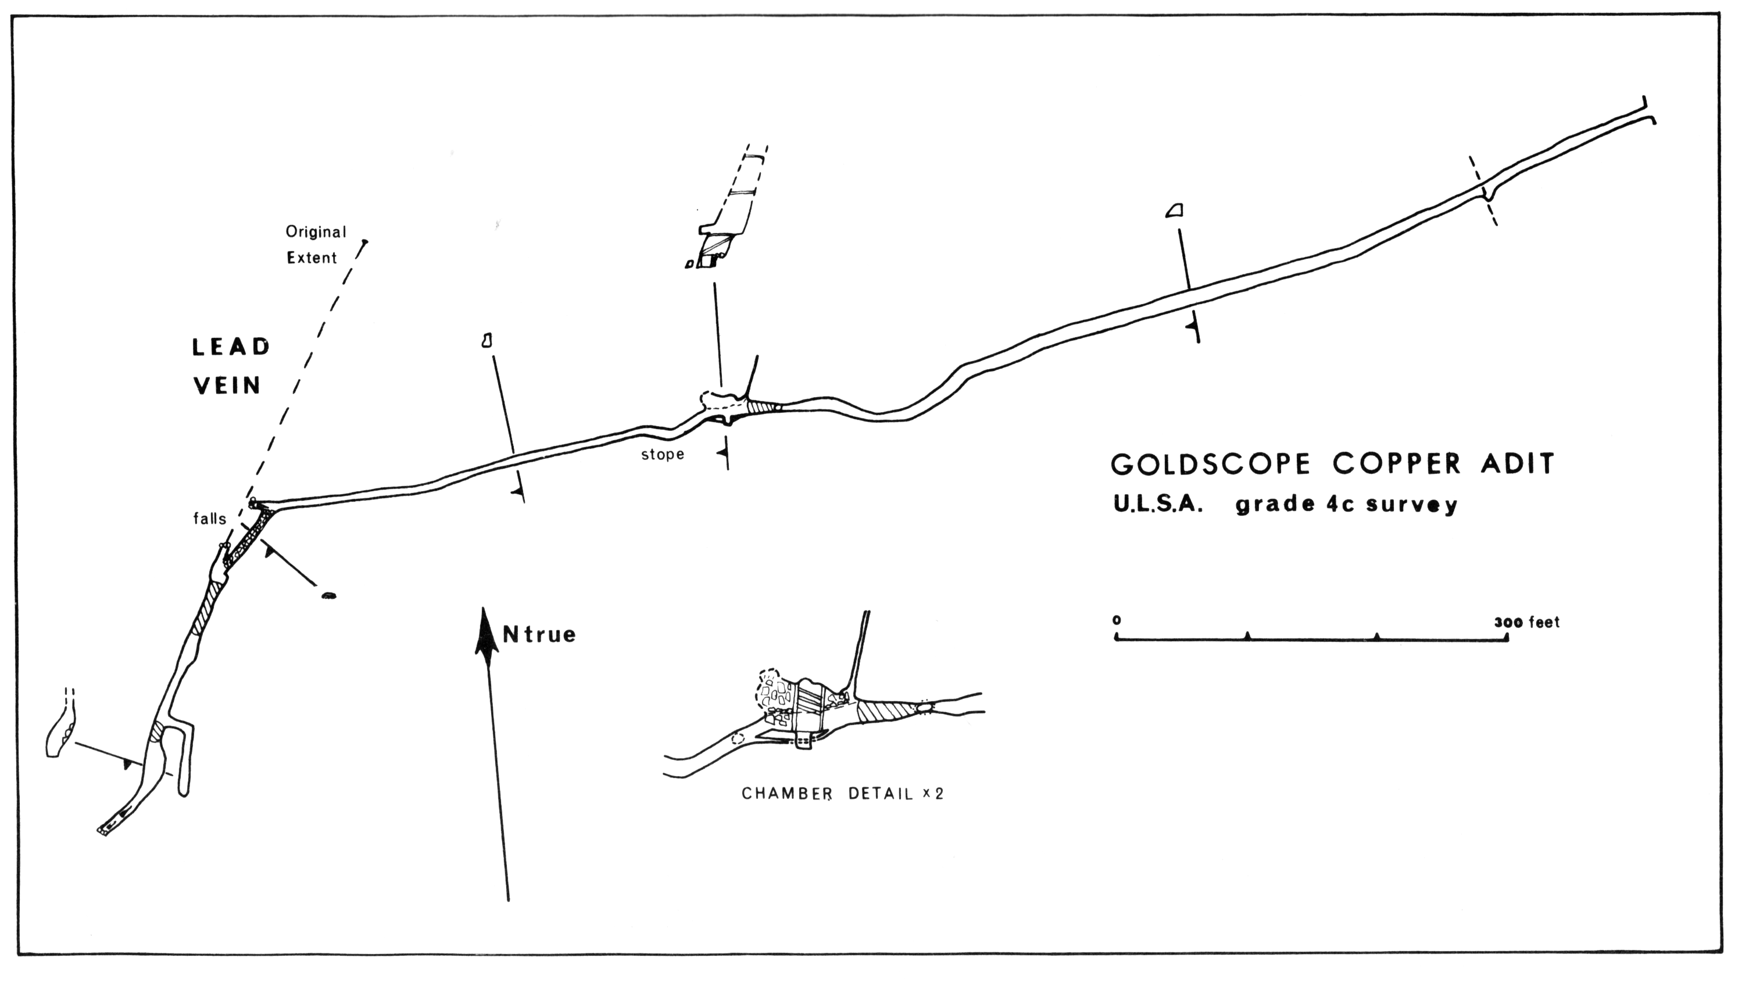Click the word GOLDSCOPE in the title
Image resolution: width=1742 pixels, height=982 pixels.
tap(1211, 465)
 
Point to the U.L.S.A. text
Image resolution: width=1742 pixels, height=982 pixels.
tap(1158, 505)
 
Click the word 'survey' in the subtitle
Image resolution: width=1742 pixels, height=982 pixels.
tap(1411, 505)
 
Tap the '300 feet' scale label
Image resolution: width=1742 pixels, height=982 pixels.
tap(1526, 622)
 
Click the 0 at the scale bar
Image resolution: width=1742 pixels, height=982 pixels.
tap(1117, 620)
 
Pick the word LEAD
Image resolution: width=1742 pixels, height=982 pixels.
tap(231, 348)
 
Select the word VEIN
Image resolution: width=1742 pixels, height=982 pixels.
tap(227, 386)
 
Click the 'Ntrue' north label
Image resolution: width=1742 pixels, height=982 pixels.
tap(539, 635)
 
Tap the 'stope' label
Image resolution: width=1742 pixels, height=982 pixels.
tap(662, 455)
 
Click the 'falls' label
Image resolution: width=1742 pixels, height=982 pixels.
tap(210, 519)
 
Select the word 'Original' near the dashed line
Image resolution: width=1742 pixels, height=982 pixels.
tap(316, 232)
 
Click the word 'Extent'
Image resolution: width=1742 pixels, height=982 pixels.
tap(312, 258)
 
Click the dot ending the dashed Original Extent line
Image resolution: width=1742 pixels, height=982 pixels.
tap(365, 241)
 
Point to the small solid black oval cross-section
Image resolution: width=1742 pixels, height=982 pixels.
tap(328, 596)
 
